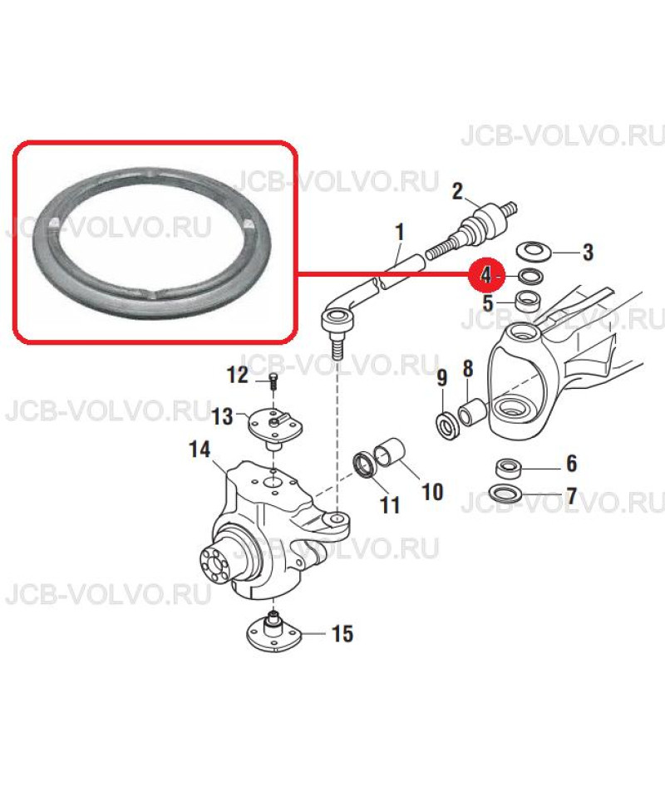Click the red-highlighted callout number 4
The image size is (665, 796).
486,276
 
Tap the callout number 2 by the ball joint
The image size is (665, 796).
458,191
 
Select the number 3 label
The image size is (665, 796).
587,252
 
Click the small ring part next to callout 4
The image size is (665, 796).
531,277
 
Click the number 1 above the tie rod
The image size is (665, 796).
401,233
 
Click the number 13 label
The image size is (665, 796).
222,417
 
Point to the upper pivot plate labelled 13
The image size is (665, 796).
275,425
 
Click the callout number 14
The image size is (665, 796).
199,450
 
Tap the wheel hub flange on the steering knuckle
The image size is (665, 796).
218,564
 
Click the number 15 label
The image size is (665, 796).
342,633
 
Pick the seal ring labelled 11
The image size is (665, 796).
365,464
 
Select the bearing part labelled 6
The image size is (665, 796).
508,468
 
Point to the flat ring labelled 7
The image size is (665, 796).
505,493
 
